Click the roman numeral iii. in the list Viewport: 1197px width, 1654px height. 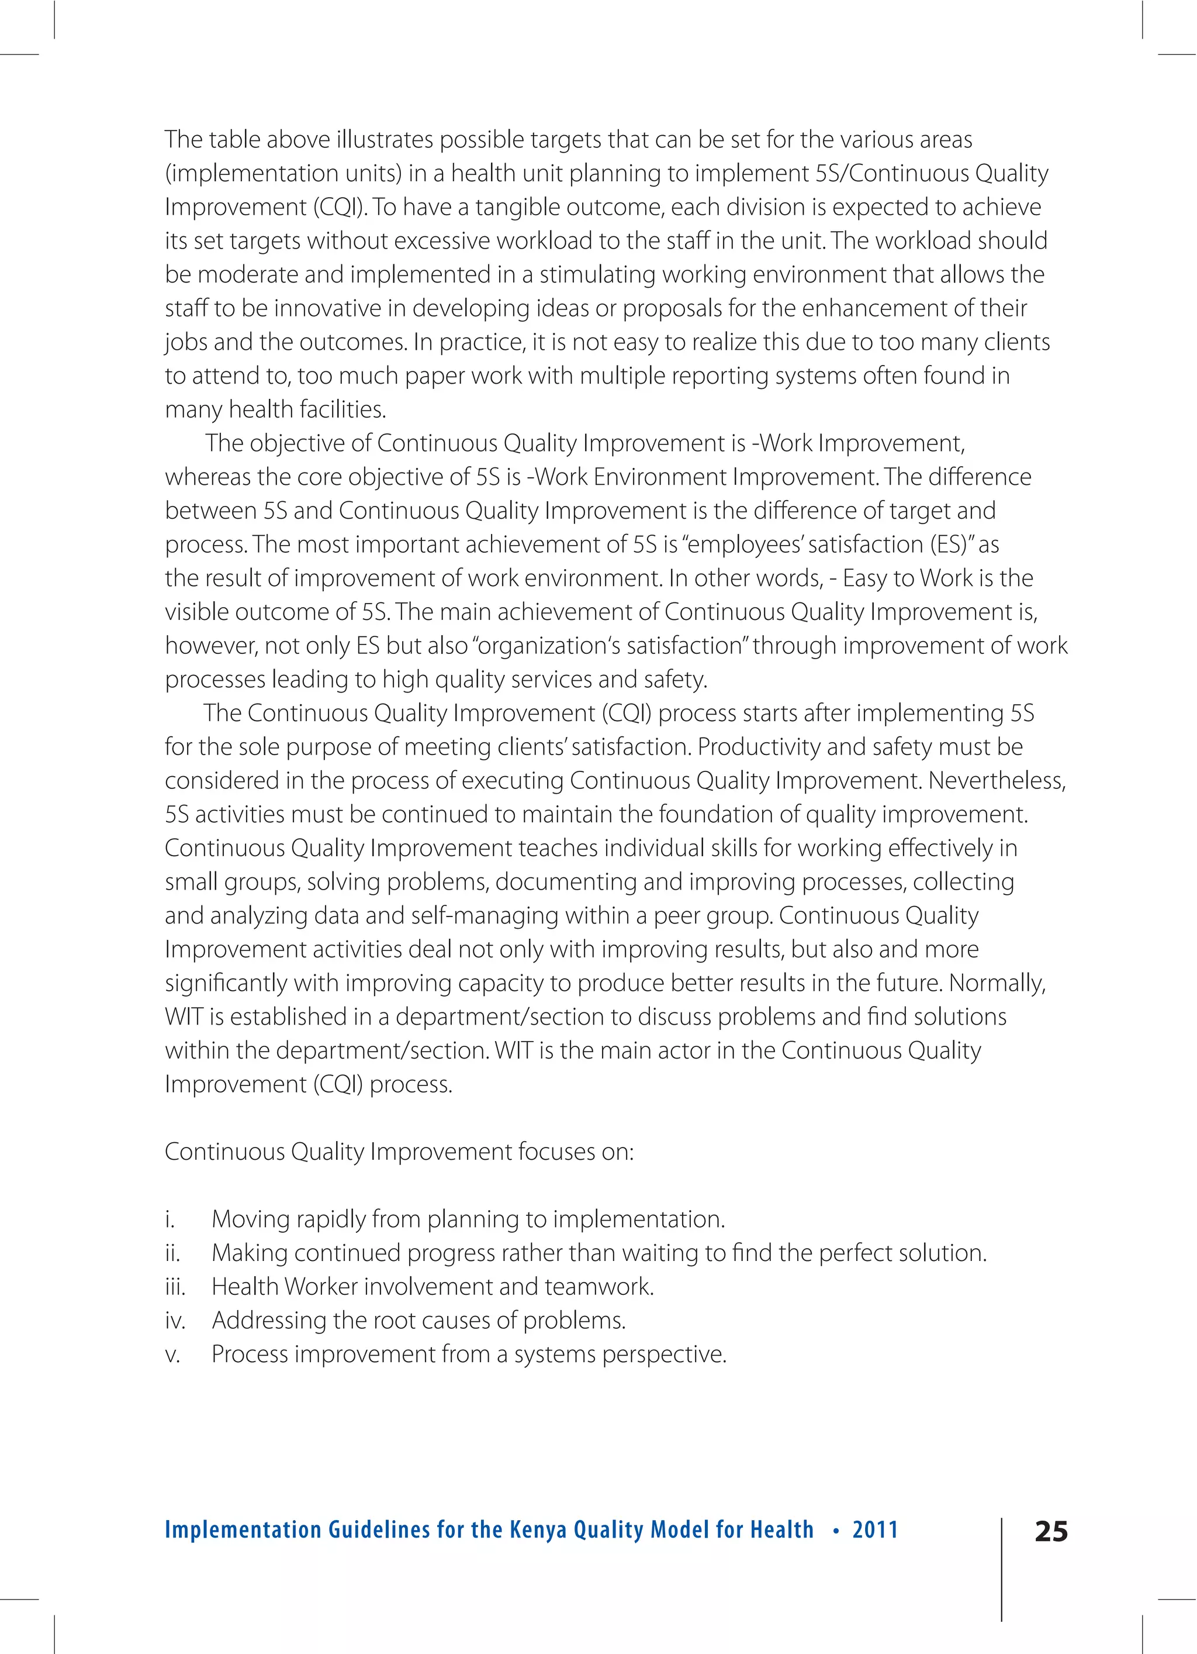[x=175, y=1287]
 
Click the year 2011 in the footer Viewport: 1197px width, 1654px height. [x=875, y=1529]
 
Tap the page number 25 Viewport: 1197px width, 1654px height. [x=1050, y=1532]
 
